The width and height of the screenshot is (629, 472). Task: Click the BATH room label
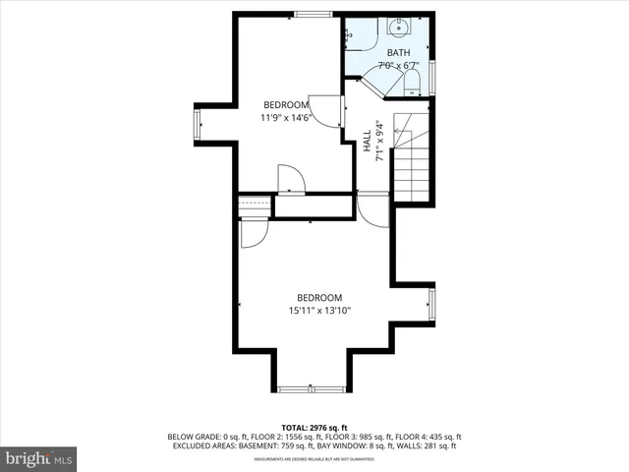[x=398, y=52]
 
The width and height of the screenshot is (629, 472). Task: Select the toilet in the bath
[x=413, y=80]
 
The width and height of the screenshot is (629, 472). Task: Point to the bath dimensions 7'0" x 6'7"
[x=398, y=66]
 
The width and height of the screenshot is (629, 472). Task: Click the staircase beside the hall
[x=412, y=157]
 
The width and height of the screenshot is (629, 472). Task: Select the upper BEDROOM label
[x=286, y=104]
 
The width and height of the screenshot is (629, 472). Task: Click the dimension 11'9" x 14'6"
[x=286, y=118]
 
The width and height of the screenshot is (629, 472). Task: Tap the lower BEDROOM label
[x=319, y=298]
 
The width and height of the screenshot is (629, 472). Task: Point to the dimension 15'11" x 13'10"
[x=319, y=311]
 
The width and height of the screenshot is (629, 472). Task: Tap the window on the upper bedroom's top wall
[x=313, y=14]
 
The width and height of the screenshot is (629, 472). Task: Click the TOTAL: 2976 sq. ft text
[x=314, y=428]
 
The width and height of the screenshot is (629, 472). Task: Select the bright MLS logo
[x=39, y=458]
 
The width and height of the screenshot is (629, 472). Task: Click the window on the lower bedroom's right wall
[x=432, y=305]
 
